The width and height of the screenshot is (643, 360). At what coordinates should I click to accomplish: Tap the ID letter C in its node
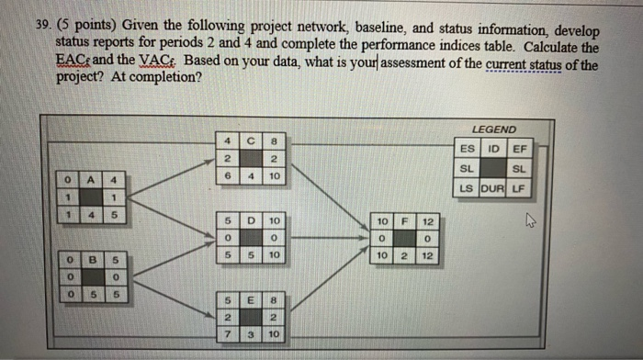pos(249,141)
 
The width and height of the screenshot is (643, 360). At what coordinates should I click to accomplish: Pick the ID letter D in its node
pos(249,220)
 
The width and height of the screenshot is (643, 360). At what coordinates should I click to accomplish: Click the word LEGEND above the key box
pos(493,129)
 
